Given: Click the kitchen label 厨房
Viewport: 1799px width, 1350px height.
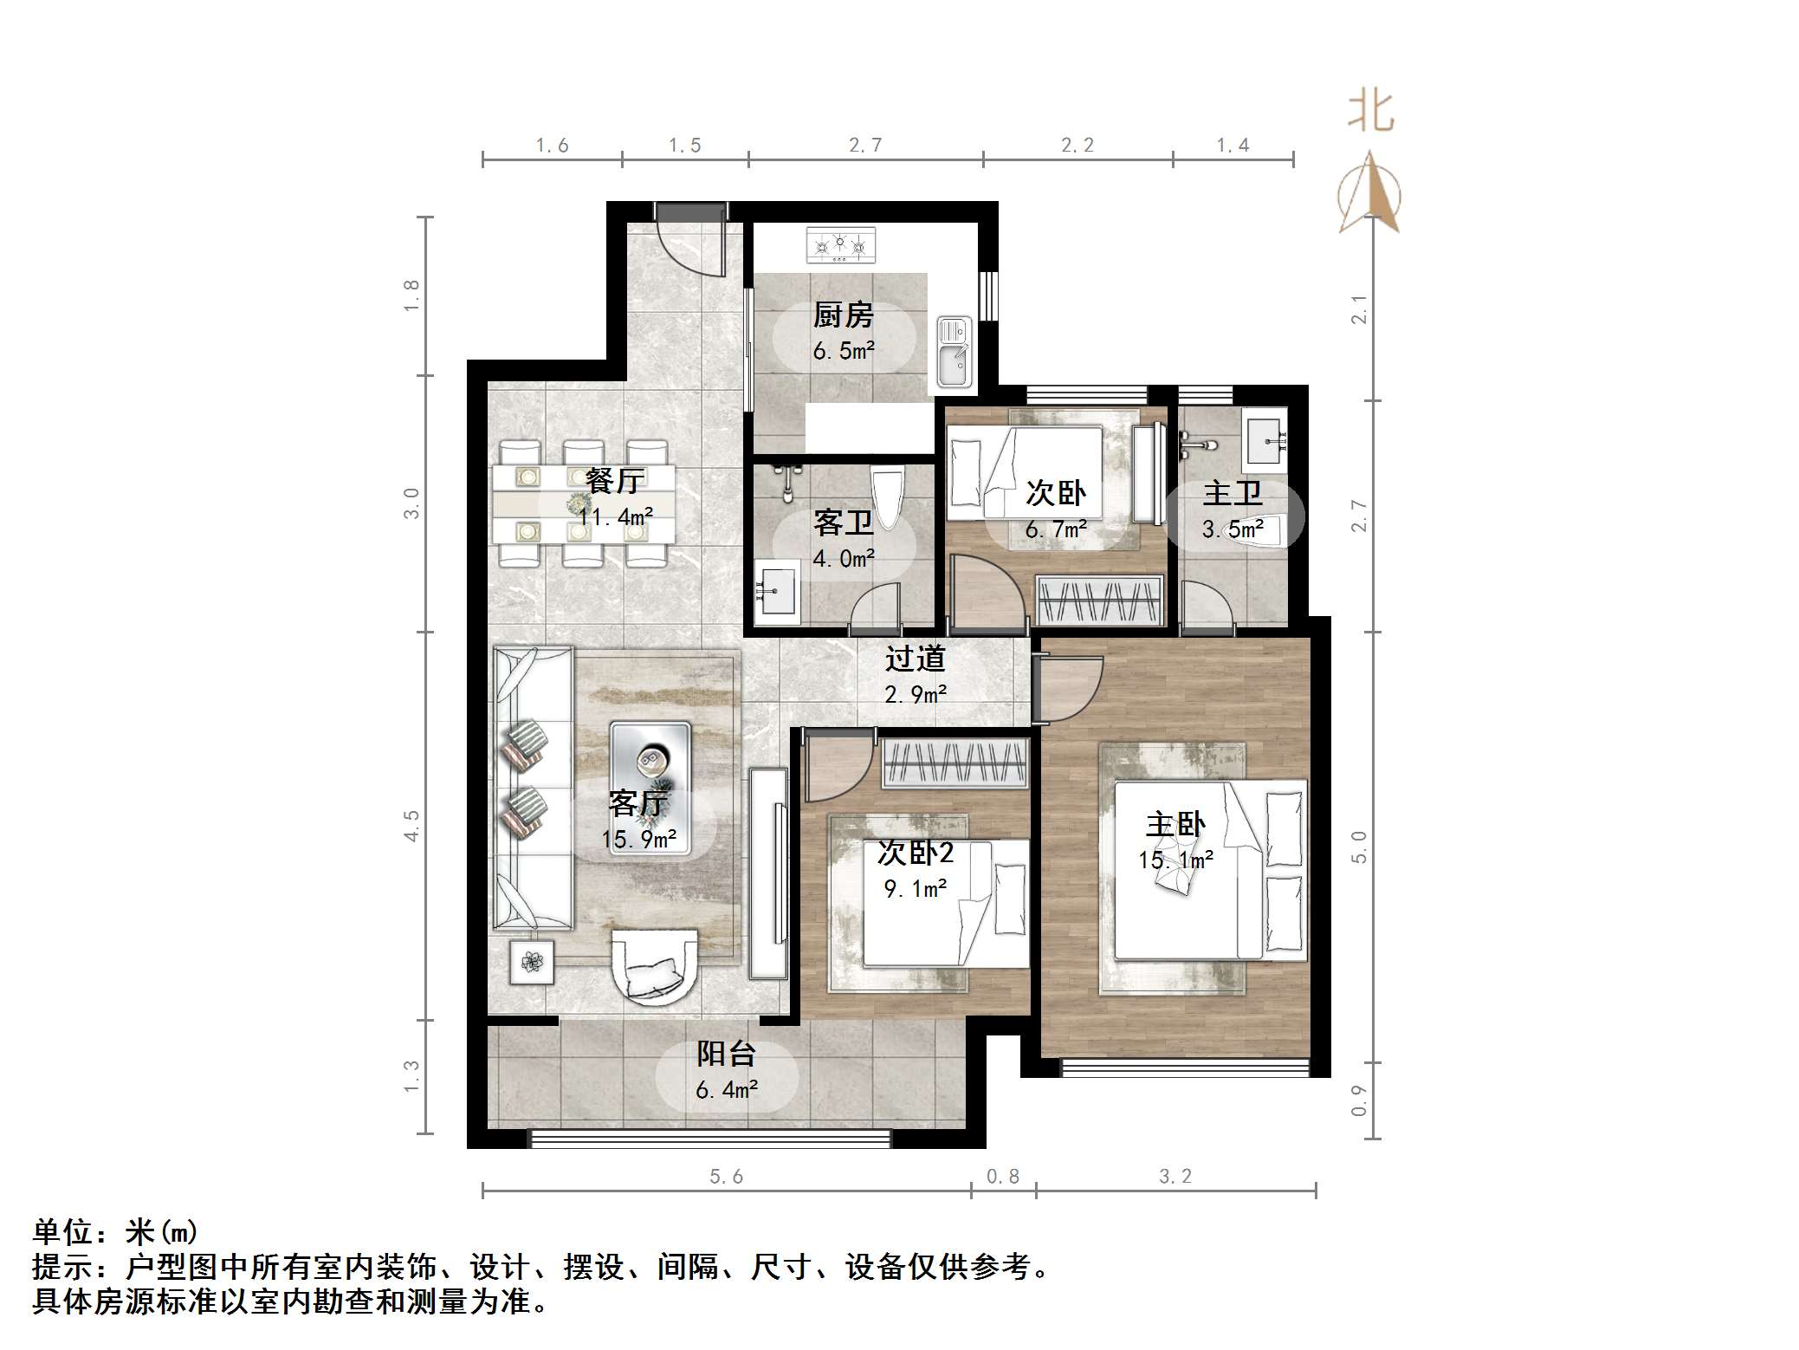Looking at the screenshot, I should (843, 315).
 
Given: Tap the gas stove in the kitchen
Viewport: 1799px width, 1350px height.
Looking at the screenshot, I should (840, 245).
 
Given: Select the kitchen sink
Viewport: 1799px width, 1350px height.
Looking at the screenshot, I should (954, 352).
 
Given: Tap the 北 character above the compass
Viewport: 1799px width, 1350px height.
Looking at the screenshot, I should (1371, 112).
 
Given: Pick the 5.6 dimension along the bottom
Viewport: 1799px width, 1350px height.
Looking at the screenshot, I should (726, 1176).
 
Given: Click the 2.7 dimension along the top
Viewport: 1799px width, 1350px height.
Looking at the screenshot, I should (865, 146).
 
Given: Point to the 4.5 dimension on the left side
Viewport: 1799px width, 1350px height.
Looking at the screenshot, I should (411, 826).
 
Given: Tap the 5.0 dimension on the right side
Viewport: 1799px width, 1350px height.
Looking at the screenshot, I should (1359, 847).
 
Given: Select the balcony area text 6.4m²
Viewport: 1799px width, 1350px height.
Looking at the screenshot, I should (727, 1089).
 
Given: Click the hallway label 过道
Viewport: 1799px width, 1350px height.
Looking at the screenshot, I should (915, 659).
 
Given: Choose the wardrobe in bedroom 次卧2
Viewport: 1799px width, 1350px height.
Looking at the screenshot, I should (955, 763).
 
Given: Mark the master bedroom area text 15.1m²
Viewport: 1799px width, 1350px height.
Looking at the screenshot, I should (1175, 860).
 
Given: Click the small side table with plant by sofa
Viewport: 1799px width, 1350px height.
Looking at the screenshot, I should (531, 962).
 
